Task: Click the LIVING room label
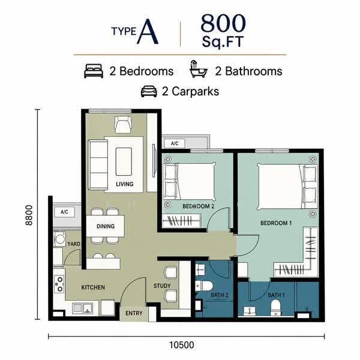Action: pos(124,184)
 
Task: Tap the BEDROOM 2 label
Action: pos(199,206)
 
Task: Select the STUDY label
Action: pos(162,286)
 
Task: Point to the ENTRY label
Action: pos(134,313)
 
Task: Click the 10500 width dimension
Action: pos(182,345)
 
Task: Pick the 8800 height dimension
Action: pos(29,215)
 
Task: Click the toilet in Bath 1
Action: pos(275,308)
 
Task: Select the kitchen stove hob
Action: pos(59,284)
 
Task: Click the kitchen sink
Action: pos(83,308)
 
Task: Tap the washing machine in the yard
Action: pos(59,239)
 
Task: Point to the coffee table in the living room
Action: pos(124,161)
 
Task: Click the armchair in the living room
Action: pos(123,125)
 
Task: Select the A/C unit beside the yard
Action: pos(65,212)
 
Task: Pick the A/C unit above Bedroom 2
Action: pos(175,143)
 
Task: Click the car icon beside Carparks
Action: pos(149,91)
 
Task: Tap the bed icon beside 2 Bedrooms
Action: pos(94,71)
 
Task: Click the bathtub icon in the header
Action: pos(198,69)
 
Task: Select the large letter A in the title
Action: pos(148,31)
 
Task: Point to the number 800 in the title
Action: pos(223,23)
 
